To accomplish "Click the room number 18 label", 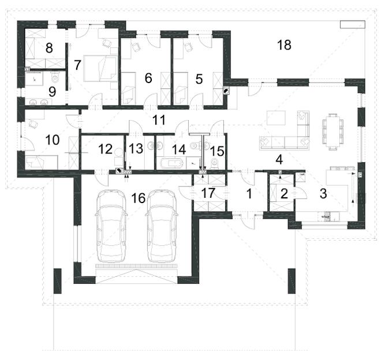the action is pos(284,45).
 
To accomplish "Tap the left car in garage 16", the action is pos(111,226).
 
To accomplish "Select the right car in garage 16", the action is pos(163,226).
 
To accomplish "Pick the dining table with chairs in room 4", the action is pos(332,132).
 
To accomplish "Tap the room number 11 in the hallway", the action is pos(159,120).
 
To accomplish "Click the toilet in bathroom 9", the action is pos(56,77).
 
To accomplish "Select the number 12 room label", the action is pos(106,149).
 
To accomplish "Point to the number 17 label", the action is pos(208,193).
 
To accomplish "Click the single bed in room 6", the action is pos(128,88).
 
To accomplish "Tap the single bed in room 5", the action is pos(180,88).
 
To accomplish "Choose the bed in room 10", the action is pos(42,162).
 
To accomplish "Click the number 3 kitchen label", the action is pos(323,194).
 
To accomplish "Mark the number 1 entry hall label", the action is pos(249,194).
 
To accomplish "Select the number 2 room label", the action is pos(284,194).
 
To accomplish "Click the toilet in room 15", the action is pos(215,163).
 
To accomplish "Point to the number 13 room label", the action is pos(136,148).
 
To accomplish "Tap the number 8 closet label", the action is pos(49,48).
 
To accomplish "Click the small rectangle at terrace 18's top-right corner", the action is pos(353,25).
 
